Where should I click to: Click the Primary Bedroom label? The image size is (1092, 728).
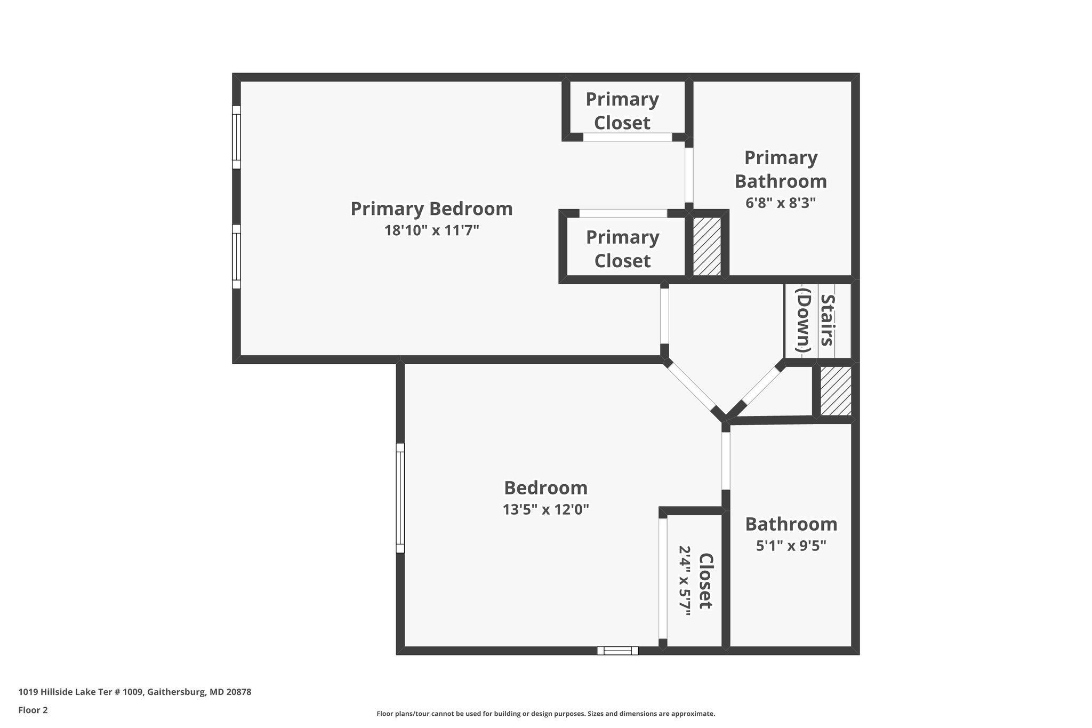click(431, 209)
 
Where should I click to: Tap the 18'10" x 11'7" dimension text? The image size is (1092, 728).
click(432, 230)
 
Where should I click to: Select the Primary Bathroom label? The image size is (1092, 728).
click(781, 170)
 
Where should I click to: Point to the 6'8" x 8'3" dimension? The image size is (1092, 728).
click(781, 203)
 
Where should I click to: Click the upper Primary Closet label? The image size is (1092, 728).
click(622, 111)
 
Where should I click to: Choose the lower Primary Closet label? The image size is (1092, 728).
click(623, 249)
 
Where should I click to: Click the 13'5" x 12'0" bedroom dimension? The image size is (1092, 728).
click(546, 510)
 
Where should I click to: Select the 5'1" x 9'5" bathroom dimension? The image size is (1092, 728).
click(791, 546)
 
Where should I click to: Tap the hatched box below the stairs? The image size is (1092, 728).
click(836, 391)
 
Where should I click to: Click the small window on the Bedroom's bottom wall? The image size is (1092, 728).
click(617, 650)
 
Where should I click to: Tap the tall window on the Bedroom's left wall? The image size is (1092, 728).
click(400, 498)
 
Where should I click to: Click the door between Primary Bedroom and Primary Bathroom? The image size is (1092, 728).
click(689, 175)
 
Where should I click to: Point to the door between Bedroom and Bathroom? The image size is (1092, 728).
click(726, 461)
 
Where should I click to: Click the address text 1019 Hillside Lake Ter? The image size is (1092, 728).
click(81, 692)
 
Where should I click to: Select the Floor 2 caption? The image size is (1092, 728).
click(33, 710)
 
